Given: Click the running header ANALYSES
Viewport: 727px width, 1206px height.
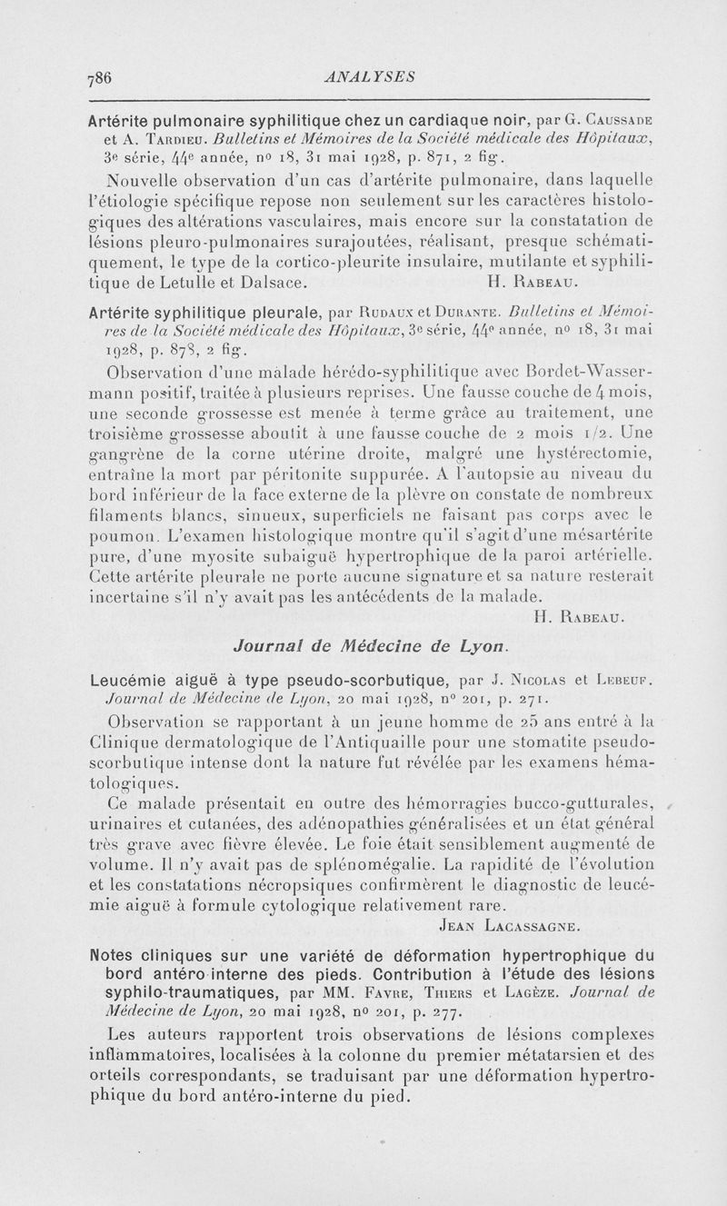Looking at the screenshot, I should click(369, 77).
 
